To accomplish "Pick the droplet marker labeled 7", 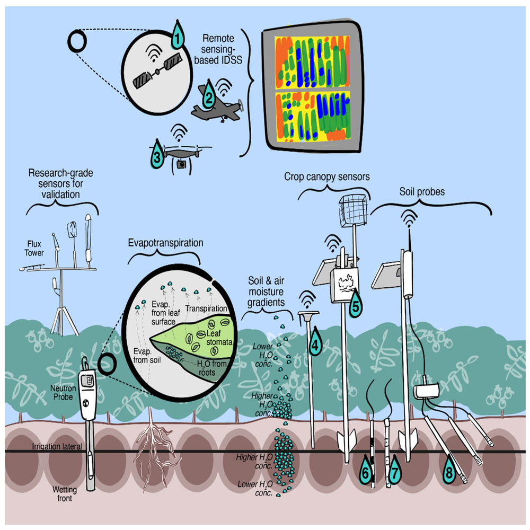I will pyautogui.click(x=394, y=472).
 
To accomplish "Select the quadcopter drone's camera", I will pyautogui.click(x=182, y=164).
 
